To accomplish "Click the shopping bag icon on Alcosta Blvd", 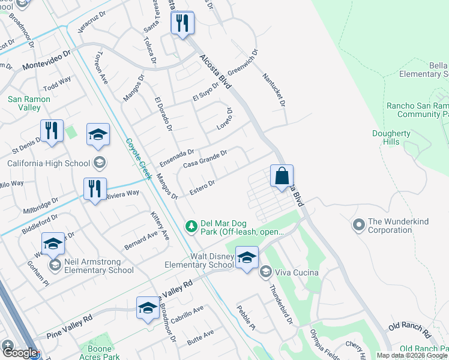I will pyautogui.click(x=282, y=176).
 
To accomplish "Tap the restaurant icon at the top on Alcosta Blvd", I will pyautogui.click(x=182, y=24).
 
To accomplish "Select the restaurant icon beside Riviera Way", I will pyautogui.click(x=95, y=189).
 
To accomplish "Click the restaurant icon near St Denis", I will pyautogui.click(x=52, y=131).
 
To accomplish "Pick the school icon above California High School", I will pyautogui.click(x=98, y=136).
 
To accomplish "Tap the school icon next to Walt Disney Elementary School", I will pyautogui.click(x=246, y=259).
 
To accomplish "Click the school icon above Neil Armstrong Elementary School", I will pyautogui.click(x=53, y=244).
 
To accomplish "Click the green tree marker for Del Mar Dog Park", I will pyautogui.click(x=191, y=226).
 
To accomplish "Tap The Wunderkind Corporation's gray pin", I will pyautogui.click(x=359, y=226).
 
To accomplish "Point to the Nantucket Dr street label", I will pyautogui.click(x=273, y=89).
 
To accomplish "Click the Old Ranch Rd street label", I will pyautogui.click(x=409, y=329).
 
